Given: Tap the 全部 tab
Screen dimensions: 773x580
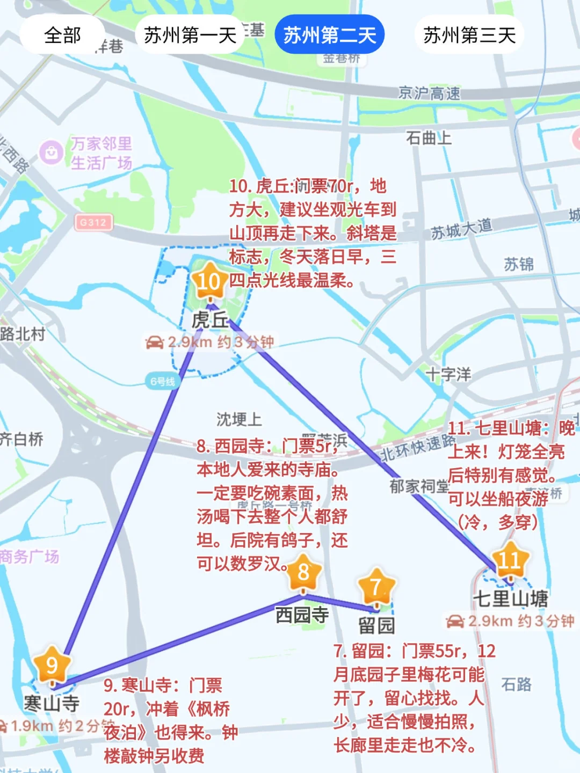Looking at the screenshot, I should coord(62,35).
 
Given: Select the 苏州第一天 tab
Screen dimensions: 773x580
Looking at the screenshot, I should coord(190,35).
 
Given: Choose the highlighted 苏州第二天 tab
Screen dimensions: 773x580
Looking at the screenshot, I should coord(329,35).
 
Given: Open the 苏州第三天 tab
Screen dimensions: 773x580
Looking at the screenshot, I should coord(469,35).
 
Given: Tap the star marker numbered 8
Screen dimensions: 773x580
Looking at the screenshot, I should coord(303,573).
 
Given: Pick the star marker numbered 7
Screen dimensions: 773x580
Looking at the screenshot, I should coord(376,587).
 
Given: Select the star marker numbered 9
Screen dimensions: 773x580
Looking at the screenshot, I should coord(52,666).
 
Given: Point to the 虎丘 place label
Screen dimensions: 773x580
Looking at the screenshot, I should coord(210,320).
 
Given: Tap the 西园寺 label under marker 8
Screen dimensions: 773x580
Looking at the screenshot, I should coord(302,615).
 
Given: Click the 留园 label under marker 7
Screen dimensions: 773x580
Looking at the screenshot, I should coord(376,625).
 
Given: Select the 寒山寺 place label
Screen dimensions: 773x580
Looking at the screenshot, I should coord(52,703).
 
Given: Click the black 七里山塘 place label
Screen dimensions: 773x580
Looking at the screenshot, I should coord(510,598).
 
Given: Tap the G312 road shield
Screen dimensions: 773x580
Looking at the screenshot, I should coord(93,222).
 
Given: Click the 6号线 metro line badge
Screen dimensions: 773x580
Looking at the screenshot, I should coord(162,382).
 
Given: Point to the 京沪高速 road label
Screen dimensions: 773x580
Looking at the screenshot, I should coord(429,93).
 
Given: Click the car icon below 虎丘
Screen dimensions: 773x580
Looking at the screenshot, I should coord(155,342).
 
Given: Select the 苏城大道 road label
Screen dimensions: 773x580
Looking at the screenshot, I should coord(461,229).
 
